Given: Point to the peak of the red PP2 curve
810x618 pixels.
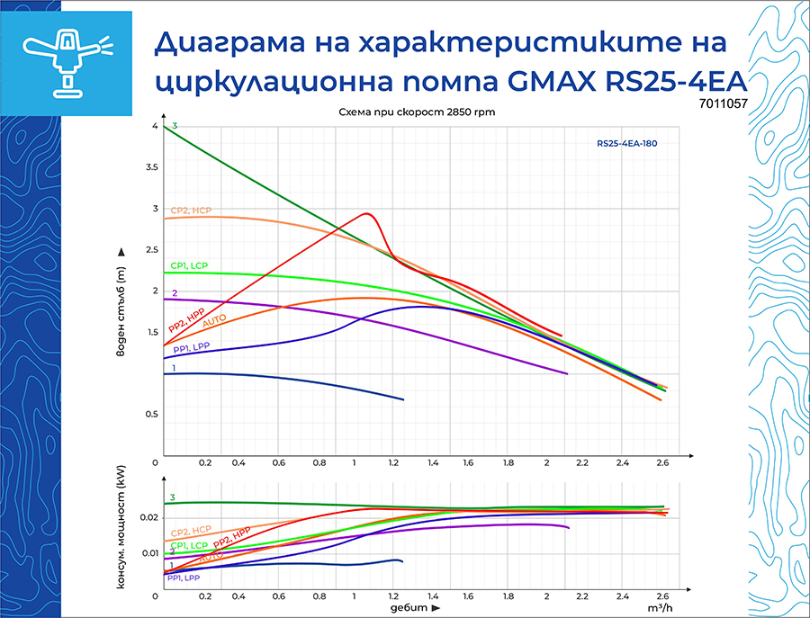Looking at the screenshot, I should [x=366, y=213].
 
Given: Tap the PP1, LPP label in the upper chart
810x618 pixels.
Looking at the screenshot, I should [x=191, y=347].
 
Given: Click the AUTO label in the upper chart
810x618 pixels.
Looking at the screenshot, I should [x=214, y=321].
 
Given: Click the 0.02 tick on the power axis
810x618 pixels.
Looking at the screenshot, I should [x=148, y=518].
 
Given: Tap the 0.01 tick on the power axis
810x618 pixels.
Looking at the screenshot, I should [x=148, y=552].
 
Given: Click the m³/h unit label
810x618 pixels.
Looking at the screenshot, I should [x=660, y=609].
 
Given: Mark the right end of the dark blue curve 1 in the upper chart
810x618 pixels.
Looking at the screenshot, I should [x=403, y=399].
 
